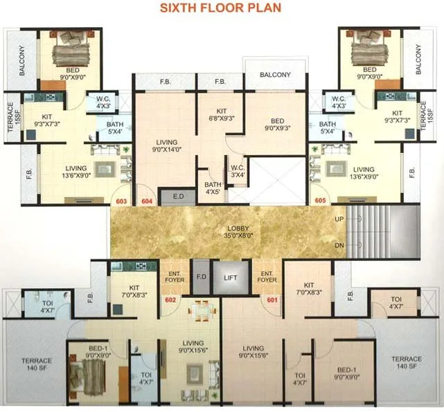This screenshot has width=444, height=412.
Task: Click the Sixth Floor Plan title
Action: pos(220,9)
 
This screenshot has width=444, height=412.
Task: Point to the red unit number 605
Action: pos(320,201)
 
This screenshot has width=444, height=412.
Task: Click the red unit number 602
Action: pos(170,300)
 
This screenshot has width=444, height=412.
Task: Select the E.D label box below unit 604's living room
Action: pos(178,197)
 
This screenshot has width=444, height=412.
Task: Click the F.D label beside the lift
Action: pos(200,275)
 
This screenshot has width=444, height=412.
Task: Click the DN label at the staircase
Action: pos(338,245)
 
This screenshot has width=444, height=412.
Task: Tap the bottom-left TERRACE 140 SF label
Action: pos(36,364)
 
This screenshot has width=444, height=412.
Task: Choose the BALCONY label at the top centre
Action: pos(275,75)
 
